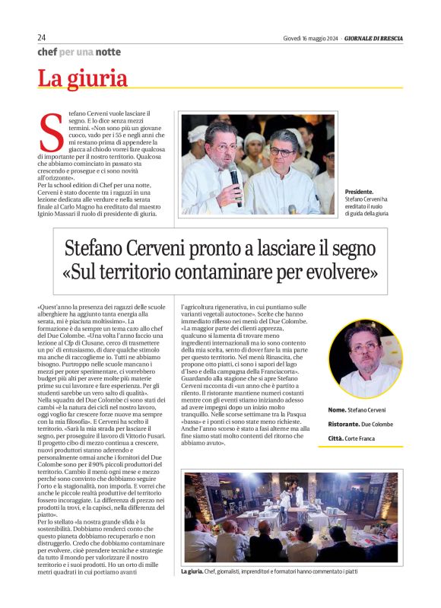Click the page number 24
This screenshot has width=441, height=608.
click(x=42, y=37)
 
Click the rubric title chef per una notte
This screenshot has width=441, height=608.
click(x=79, y=52)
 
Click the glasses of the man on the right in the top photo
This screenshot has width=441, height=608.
click(x=281, y=151)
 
